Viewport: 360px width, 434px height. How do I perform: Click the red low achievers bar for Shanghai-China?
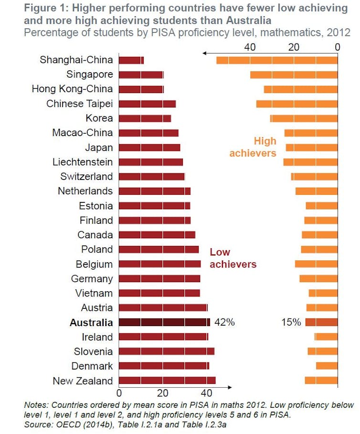point(131,60)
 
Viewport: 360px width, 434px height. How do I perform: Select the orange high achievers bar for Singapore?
point(294,75)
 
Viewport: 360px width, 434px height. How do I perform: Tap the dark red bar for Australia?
point(164,322)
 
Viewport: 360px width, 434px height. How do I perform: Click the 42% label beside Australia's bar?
point(224,322)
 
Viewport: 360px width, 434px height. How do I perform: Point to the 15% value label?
point(291,322)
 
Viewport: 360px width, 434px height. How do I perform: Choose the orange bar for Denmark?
point(327,366)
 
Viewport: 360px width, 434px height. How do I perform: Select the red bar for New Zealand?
point(167,381)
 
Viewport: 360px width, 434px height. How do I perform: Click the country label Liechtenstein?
point(83,162)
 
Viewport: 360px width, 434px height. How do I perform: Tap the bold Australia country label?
point(91,322)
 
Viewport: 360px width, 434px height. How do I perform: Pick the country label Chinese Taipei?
point(79,104)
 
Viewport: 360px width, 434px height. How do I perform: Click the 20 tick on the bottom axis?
point(162,393)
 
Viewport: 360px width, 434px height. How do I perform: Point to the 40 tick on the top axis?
point(250,47)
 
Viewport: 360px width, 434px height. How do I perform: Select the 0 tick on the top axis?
point(337,47)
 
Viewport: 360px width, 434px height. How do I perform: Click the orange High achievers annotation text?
point(253,147)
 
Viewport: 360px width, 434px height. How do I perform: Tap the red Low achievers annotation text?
point(233,258)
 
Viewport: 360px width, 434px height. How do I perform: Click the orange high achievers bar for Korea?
point(304,118)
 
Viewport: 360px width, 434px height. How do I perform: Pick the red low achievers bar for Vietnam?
point(159,293)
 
